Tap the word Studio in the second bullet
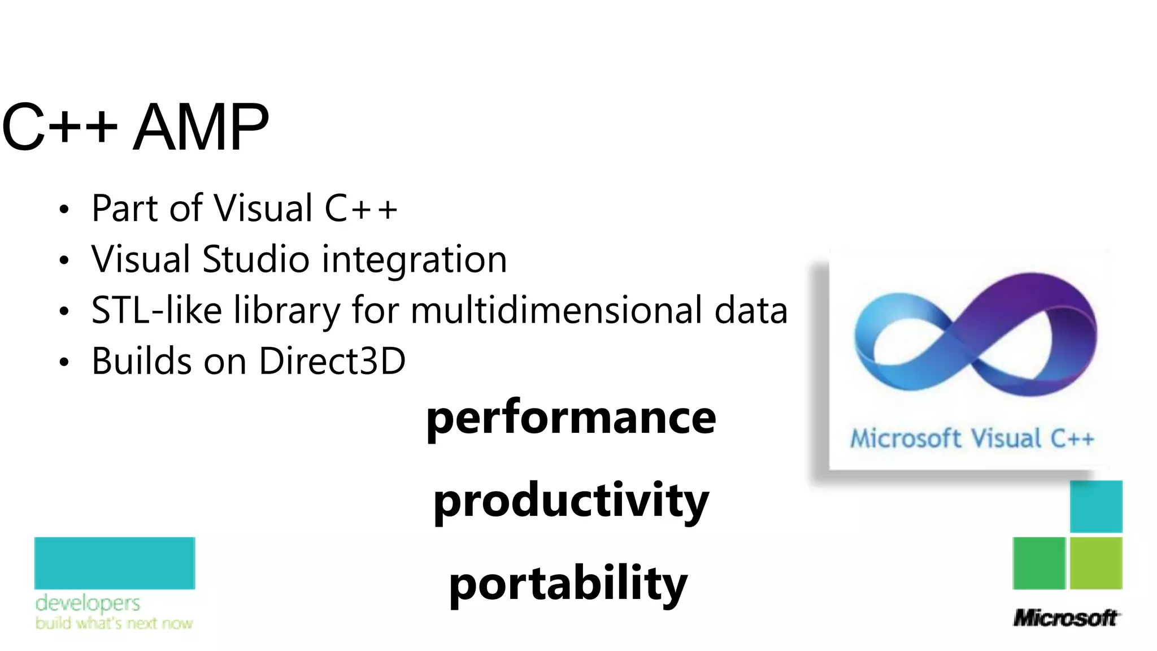point(255,259)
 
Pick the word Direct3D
point(332,361)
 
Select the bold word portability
point(568,584)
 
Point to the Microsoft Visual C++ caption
point(972,439)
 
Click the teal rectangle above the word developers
point(115,563)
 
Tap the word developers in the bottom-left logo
point(88,603)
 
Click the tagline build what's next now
point(114,623)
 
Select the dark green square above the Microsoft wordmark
point(1039,563)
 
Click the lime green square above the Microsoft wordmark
point(1096,563)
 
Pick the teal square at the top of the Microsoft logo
point(1096,506)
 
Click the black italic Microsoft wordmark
point(1065,618)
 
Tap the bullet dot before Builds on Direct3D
point(64,362)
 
